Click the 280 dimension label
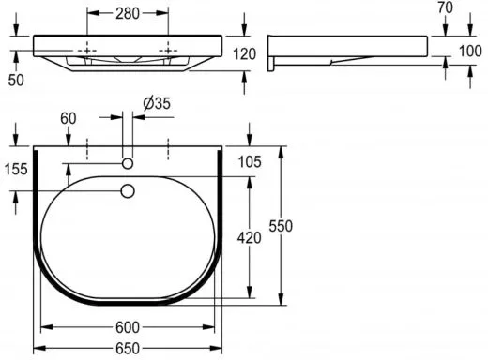128,13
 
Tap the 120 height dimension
244,54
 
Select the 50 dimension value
16,80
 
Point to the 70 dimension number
445,7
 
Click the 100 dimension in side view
470,51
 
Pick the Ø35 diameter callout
157,103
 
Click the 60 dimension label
69,118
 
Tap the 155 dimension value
16,170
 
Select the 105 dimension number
250,161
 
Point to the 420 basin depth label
249,238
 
